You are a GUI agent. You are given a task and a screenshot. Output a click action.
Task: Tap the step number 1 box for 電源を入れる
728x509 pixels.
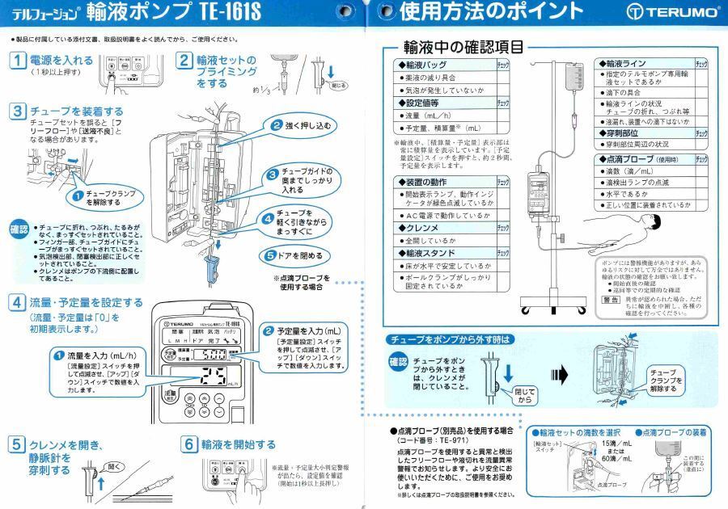click(18, 61)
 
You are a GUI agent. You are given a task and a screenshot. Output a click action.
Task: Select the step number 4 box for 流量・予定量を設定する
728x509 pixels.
click(18, 303)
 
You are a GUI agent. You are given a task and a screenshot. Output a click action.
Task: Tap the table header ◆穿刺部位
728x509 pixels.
click(623, 133)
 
